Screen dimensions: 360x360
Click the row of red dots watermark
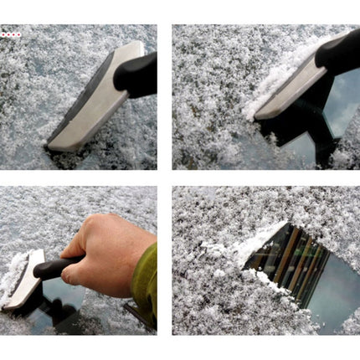pyautogui.click(x=11, y=34)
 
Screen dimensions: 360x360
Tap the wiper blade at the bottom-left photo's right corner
pyautogui.click(x=138, y=316)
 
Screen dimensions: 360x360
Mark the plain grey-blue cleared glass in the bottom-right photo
pyautogui.click(x=331, y=301)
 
